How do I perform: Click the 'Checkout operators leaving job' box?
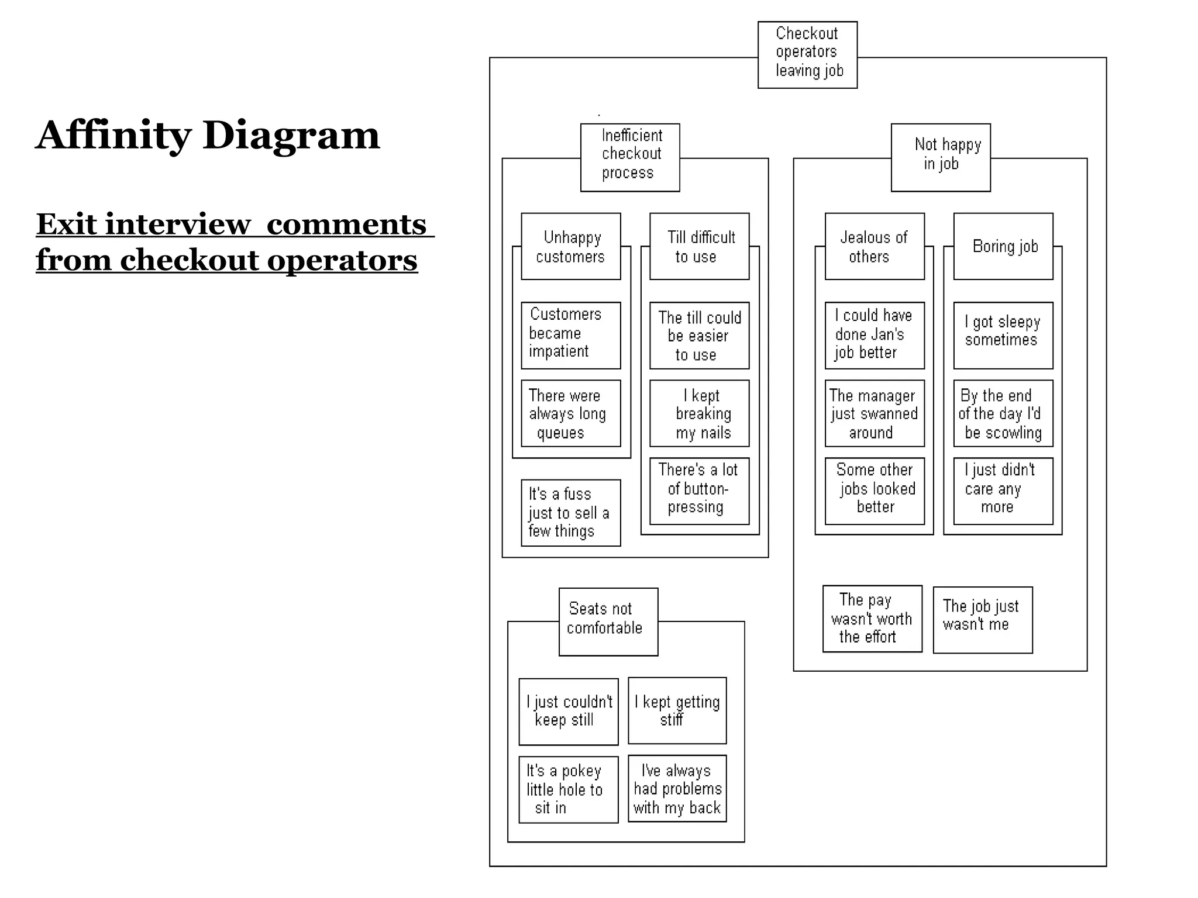pos(807,55)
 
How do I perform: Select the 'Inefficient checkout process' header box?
pos(630,157)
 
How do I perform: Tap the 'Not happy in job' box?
pos(941,157)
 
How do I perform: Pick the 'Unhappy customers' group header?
pos(570,246)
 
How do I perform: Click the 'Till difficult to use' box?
pos(699,246)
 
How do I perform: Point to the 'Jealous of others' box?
pos(875,246)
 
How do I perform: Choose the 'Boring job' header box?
pos(1003,246)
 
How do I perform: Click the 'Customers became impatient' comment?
pos(570,335)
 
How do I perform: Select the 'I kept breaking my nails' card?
pos(699,413)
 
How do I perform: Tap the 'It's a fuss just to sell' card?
pos(570,513)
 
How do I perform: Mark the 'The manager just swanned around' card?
pos(875,413)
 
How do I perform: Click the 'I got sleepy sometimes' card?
pos(1003,335)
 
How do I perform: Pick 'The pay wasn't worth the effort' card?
pos(872,619)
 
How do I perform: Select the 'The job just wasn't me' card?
pos(983,620)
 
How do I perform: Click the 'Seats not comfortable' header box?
pos(608,621)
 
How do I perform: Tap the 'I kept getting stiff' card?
pos(677,710)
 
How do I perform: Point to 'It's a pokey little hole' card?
pos(568,789)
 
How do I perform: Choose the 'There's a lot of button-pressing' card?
pos(699,491)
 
